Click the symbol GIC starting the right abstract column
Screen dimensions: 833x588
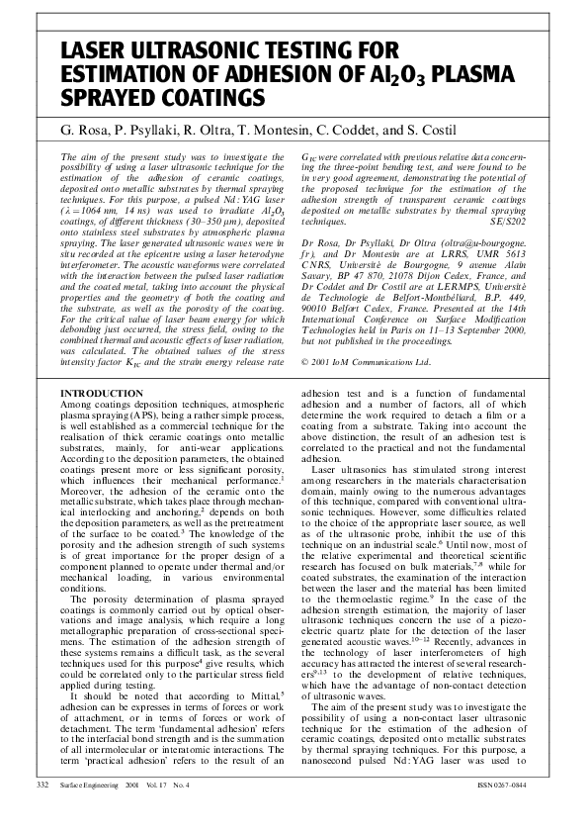tap(308, 157)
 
